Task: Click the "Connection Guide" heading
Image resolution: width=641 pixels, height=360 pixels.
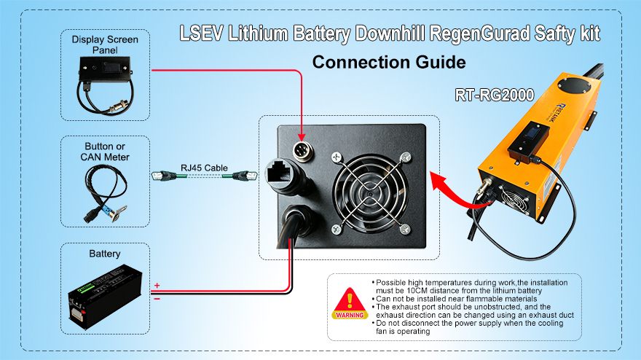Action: pyautogui.click(x=389, y=62)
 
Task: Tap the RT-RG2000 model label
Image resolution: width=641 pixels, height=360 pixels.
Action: pyautogui.click(x=495, y=95)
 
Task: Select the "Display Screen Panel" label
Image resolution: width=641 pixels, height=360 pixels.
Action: pyautogui.click(x=105, y=44)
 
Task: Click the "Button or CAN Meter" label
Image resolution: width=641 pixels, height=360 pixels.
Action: pyautogui.click(x=105, y=152)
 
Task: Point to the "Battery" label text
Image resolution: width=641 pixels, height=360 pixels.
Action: pyautogui.click(x=105, y=254)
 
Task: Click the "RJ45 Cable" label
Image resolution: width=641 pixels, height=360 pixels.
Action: pyautogui.click(x=204, y=168)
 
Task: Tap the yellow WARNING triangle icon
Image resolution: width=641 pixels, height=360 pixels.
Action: pyautogui.click(x=350, y=303)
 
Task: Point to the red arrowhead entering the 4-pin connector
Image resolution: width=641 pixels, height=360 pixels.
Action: pyautogui.click(x=302, y=136)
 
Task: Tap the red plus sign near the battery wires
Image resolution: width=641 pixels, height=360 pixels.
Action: pyautogui.click(x=157, y=285)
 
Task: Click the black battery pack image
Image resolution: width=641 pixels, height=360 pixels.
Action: pyautogui.click(x=105, y=297)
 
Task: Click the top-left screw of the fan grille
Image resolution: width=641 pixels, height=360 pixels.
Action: pyautogui.click(x=337, y=156)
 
